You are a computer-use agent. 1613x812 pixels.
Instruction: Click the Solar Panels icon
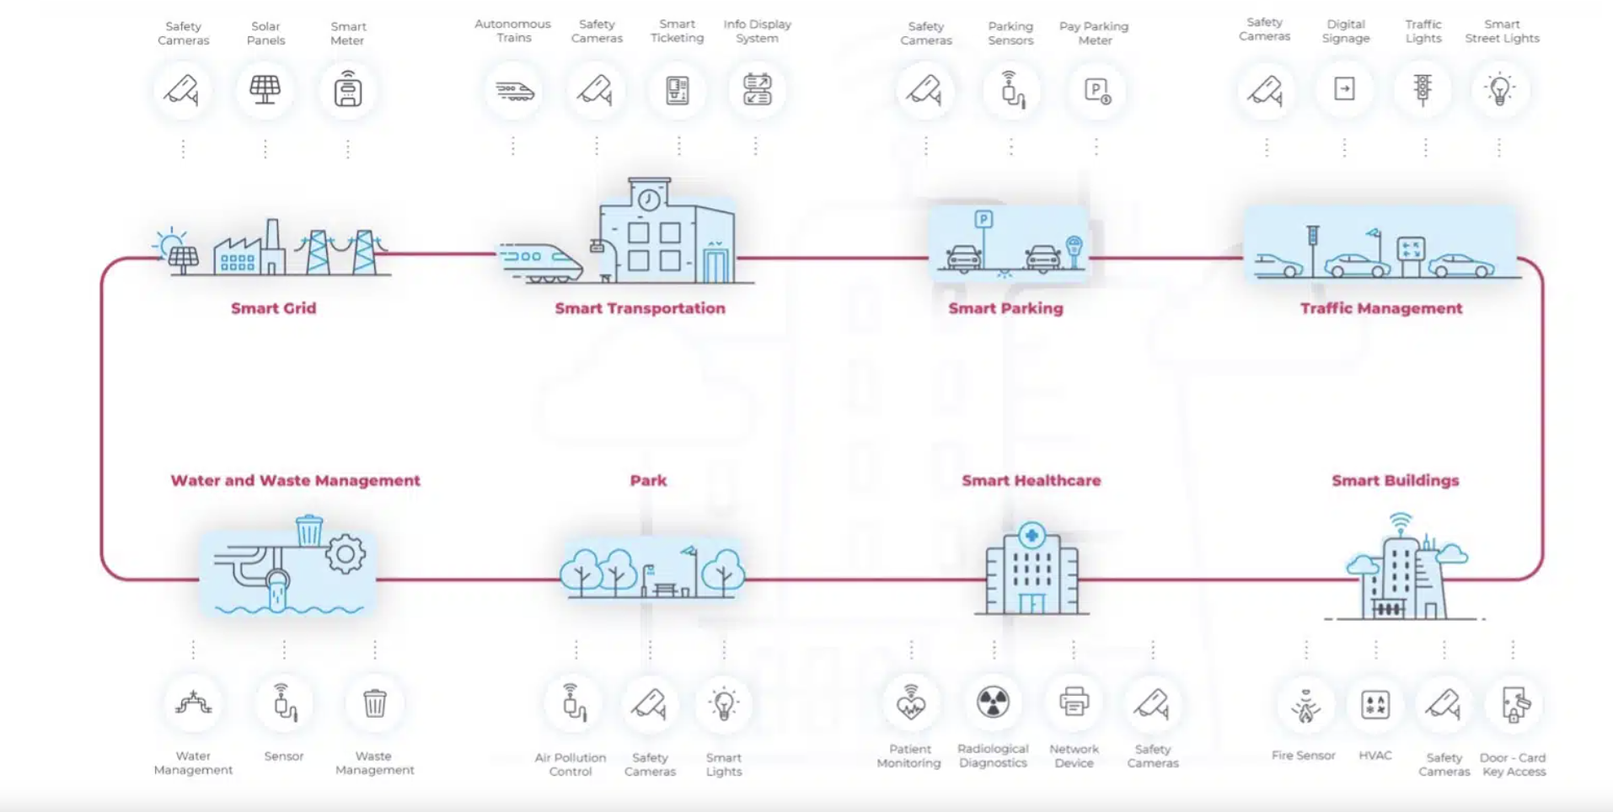(265, 88)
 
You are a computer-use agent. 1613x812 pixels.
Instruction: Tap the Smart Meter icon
(347, 88)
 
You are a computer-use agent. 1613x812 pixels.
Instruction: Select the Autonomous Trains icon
(514, 90)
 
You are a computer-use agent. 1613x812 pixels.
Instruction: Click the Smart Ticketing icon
(678, 89)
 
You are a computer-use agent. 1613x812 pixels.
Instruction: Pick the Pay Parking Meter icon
(1096, 90)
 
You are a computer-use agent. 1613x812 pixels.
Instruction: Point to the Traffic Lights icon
(1423, 89)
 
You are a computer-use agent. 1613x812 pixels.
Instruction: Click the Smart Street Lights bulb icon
(1500, 89)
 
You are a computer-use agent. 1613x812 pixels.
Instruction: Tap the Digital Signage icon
(1344, 88)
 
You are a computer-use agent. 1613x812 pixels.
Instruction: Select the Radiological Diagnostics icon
(993, 702)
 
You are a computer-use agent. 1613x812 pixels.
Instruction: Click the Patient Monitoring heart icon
(910, 702)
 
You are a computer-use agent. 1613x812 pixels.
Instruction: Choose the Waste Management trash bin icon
(374, 703)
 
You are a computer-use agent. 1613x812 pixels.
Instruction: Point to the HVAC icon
(1375, 704)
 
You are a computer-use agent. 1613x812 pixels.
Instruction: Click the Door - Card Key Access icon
(1514, 705)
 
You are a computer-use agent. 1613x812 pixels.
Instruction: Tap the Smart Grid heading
(274, 308)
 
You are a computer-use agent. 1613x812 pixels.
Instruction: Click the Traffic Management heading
(1380, 308)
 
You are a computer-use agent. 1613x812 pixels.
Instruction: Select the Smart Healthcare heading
(1032, 480)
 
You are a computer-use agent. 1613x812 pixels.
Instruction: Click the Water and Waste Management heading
(295, 480)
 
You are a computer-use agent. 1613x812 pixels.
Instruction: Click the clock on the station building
(649, 200)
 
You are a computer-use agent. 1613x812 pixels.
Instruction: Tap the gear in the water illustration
(346, 554)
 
